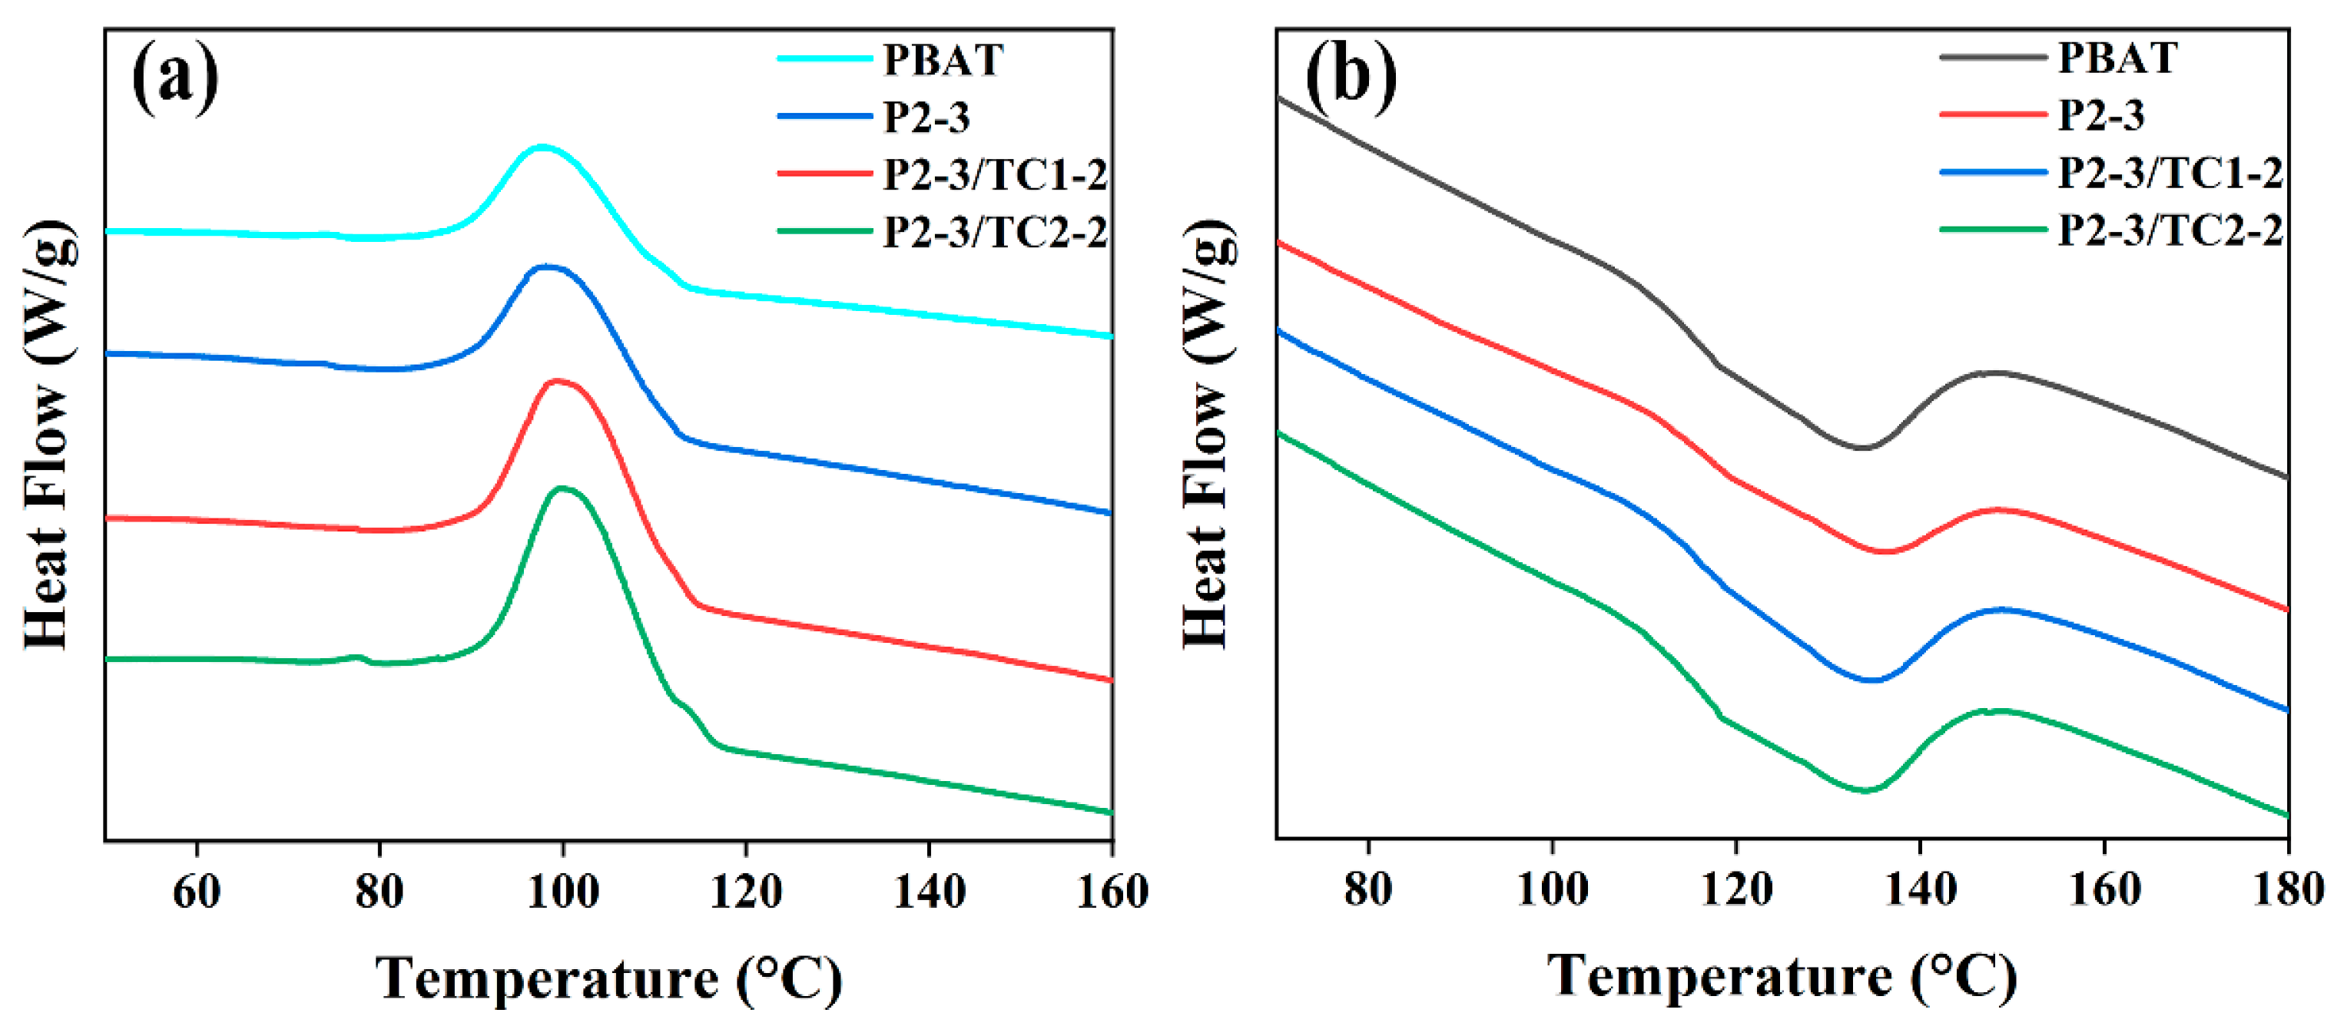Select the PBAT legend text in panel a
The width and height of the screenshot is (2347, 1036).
point(943,60)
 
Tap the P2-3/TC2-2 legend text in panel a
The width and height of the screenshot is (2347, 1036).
point(995,233)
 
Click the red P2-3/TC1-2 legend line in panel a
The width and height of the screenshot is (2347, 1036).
point(824,173)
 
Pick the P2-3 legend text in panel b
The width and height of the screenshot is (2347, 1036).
point(2101,114)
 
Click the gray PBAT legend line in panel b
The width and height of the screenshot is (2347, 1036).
point(1993,57)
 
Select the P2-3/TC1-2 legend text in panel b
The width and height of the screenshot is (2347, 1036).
point(2170,173)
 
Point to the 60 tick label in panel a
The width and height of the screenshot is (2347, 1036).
point(197,891)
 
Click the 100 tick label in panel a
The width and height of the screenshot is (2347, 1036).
point(563,891)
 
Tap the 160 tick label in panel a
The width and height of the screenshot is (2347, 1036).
point(1112,891)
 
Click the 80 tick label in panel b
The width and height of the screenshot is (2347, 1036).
point(1368,889)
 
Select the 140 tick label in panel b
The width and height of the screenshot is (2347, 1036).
point(1920,889)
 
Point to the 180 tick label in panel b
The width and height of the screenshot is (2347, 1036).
point(2287,889)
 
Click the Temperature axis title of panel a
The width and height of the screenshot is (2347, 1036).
point(608,979)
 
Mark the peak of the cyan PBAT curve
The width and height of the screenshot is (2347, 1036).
point(543,146)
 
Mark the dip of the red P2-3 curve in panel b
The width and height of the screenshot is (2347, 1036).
point(1885,551)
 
